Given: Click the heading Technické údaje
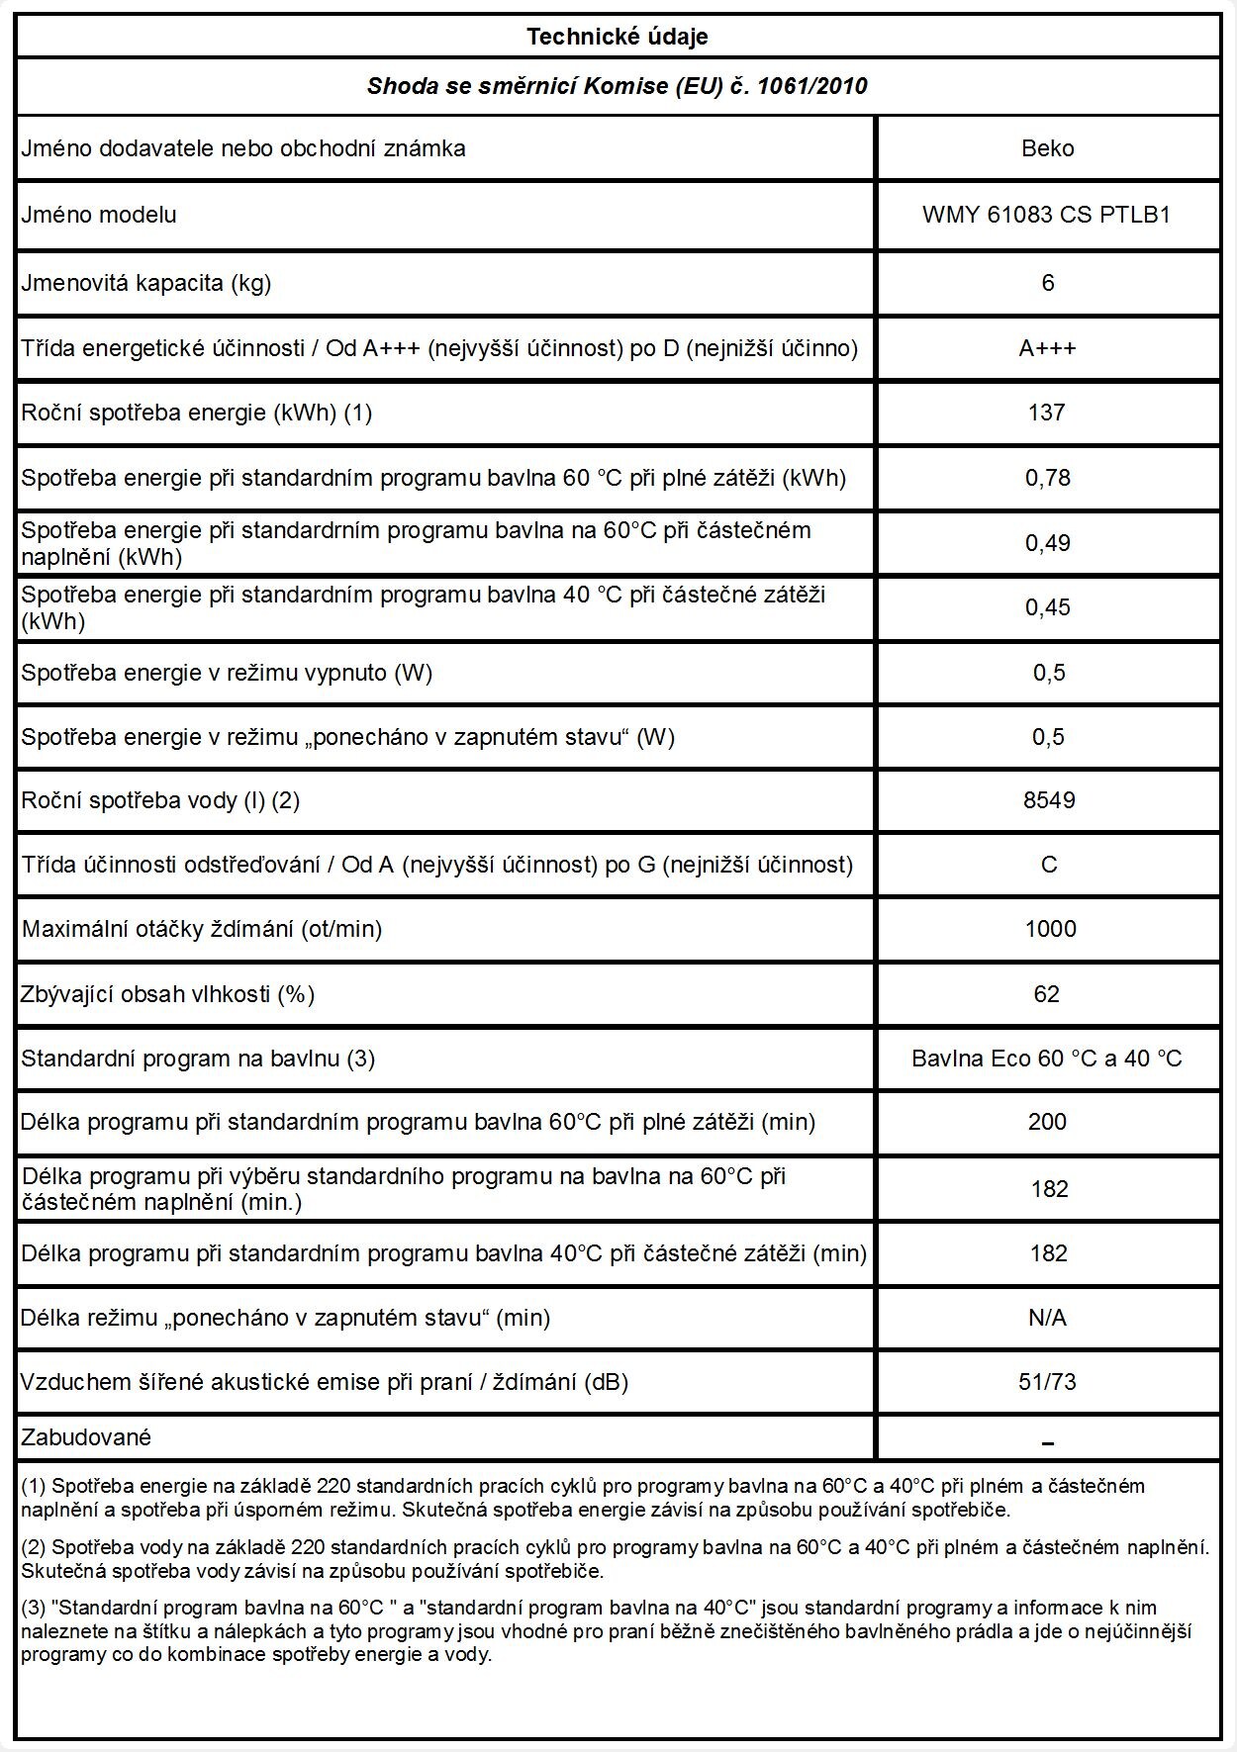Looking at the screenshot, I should pos(617,37).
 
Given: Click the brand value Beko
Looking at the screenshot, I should pos(1047,148).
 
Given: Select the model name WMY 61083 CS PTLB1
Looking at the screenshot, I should pos(1046,215).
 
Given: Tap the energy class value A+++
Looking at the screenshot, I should pos(1047,348).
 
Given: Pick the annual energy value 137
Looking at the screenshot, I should pos(1047,413).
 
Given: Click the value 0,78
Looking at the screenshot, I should pos(1047,478).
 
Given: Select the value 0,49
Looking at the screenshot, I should pos(1047,543).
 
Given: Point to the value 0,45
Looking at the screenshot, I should pos(1047,607).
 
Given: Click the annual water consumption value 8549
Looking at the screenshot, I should pos(1048,800).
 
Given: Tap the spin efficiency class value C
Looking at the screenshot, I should pos(1049,865).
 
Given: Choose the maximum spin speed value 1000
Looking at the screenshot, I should pos(1050,929).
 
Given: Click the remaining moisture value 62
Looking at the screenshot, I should pos(1047,993).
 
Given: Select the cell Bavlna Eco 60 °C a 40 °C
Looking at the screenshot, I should pos(1047,1059).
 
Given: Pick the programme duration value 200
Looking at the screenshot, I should pos(1047,1122).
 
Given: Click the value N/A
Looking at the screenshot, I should pos(1047,1318).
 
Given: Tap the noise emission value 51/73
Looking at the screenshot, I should pos(1047,1382).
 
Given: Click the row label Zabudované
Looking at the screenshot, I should pos(86,1437).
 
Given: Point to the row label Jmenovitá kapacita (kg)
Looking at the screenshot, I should pos(146,283).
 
